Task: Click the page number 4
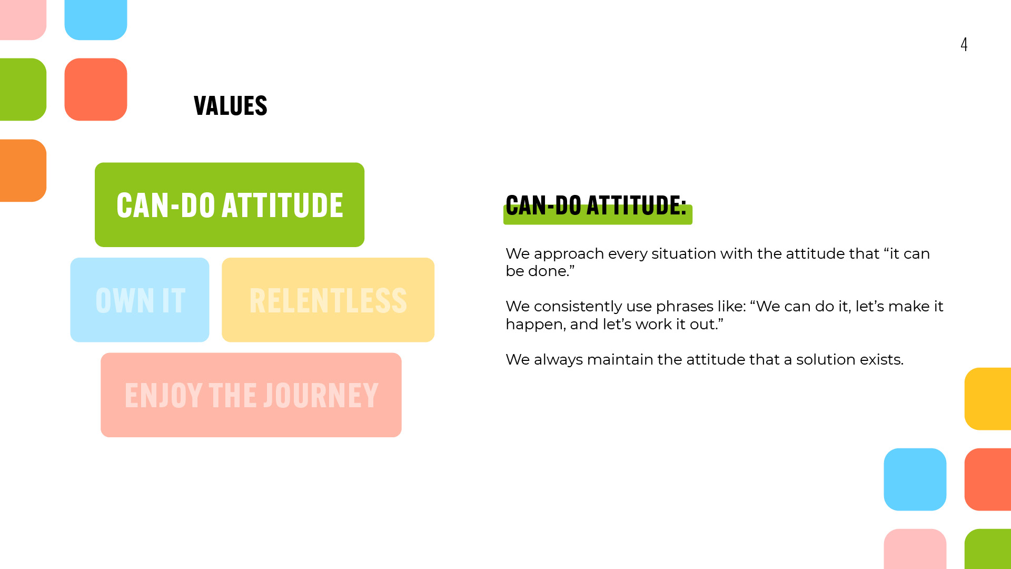coord(964,44)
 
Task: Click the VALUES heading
coord(231,106)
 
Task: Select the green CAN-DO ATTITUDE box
coord(230,205)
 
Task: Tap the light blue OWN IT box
coord(140,300)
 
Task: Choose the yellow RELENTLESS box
coord(328,300)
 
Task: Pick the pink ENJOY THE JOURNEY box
coord(251,395)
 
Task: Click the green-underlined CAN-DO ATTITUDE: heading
coord(596,205)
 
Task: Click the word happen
coord(535,325)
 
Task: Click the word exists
coord(882,359)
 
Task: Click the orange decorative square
coord(23,170)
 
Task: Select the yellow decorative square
coord(988,399)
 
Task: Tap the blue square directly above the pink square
coord(915,479)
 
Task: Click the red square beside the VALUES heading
coord(96,90)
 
